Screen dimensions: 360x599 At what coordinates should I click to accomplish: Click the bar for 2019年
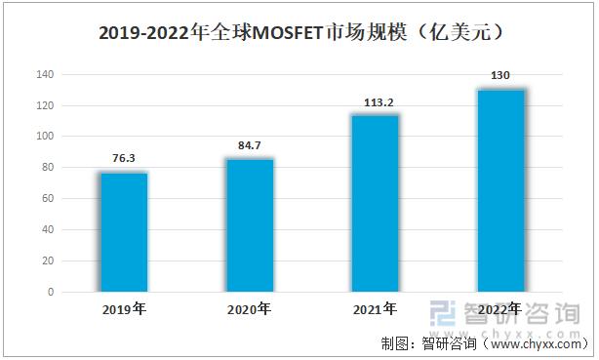(124, 232)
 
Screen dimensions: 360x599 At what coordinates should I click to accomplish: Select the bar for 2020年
(250, 225)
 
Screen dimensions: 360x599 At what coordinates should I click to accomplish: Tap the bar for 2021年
(375, 203)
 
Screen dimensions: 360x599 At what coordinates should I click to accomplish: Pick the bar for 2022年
(499, 190)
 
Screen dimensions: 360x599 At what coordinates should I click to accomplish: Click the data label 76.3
(124, 159)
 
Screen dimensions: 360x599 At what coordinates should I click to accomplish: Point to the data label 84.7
(250, 145)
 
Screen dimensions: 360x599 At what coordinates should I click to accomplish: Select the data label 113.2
(375, 101)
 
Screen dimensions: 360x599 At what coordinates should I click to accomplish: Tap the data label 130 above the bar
(499, 75)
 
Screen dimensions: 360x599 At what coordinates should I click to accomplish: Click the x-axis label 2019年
(124, 309)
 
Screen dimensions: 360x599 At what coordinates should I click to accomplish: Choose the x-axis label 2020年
(250, 309)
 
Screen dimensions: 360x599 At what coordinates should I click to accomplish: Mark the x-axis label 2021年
(375, 309)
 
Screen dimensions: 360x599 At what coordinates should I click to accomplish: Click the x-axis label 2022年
(499, 309)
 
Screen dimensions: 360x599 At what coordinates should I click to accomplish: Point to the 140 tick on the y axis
(44, 74)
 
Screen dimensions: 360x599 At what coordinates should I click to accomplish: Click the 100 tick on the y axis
(44, 137)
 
